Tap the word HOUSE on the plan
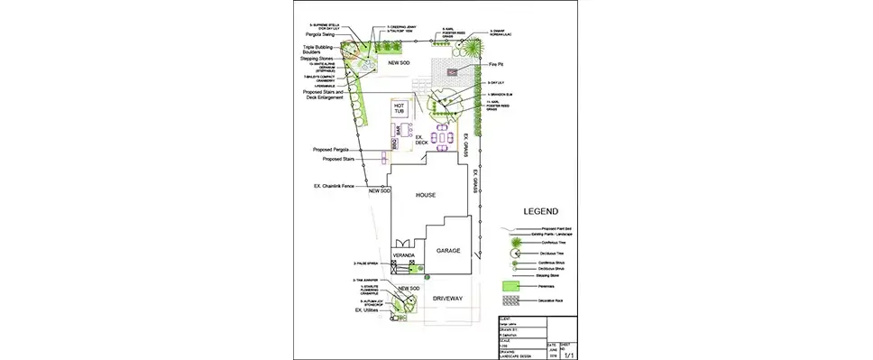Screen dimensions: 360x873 426,195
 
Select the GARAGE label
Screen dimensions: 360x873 450,250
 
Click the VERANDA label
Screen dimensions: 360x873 403,257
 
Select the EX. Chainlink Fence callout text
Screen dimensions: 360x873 335,186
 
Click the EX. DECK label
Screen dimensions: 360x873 421,141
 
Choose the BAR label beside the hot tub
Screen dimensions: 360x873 400,132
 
